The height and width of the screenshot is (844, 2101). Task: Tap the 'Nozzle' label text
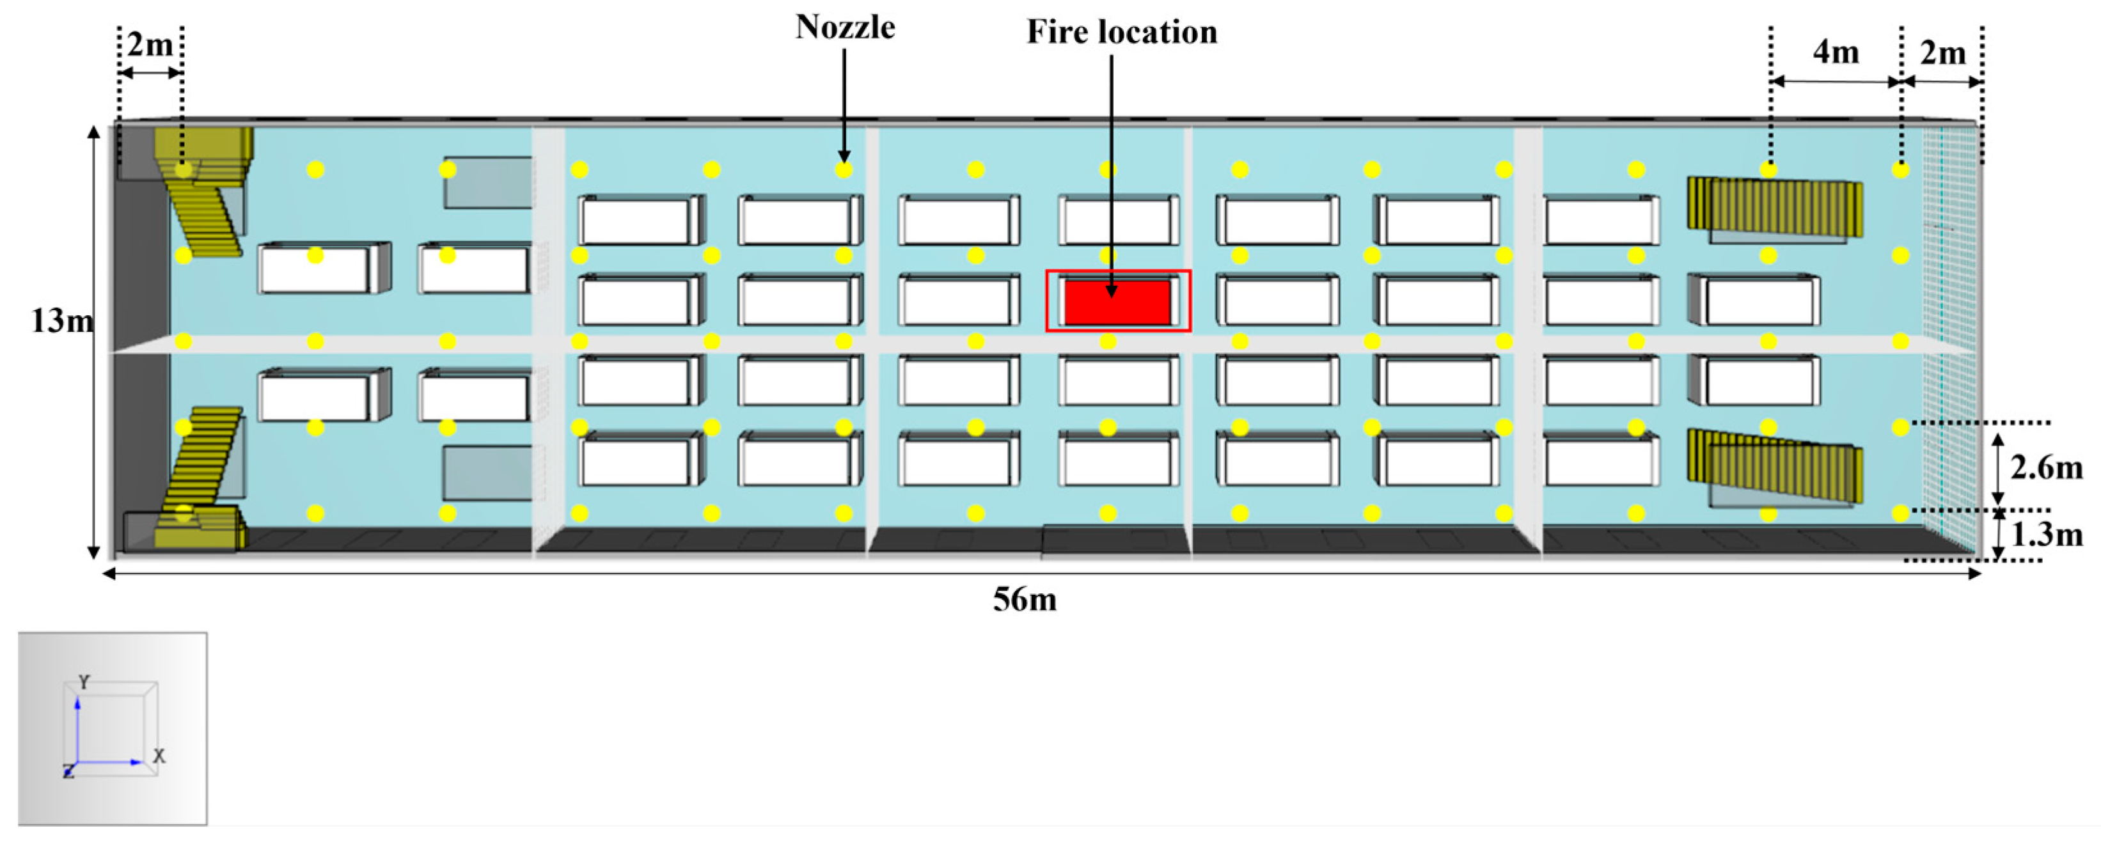845,27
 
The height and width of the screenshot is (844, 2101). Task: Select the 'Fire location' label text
1121,33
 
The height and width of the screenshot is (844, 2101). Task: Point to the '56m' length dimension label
1025,600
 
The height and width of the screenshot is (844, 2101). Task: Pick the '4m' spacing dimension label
1836,53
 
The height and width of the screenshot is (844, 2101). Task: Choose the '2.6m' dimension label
2045,468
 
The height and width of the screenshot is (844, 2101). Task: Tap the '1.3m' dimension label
2045,535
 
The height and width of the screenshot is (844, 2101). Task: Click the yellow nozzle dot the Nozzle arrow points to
844,169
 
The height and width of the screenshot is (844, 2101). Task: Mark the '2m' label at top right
1943,53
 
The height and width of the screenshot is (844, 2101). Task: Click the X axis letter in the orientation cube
159,756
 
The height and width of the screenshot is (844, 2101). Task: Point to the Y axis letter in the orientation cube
84,682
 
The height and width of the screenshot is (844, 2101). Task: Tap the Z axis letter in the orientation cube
68,771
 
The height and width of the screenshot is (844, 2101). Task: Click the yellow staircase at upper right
1775,207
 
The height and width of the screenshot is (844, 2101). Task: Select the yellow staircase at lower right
1775,465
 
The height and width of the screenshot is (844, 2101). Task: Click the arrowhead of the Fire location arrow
1111,290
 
